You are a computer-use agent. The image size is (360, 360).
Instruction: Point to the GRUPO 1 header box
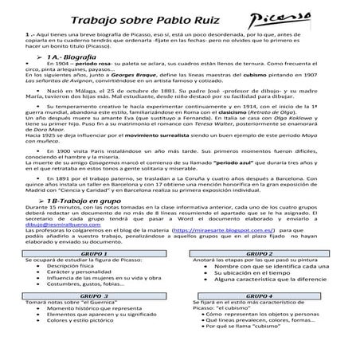93,275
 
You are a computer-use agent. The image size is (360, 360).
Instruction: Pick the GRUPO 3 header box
93,317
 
